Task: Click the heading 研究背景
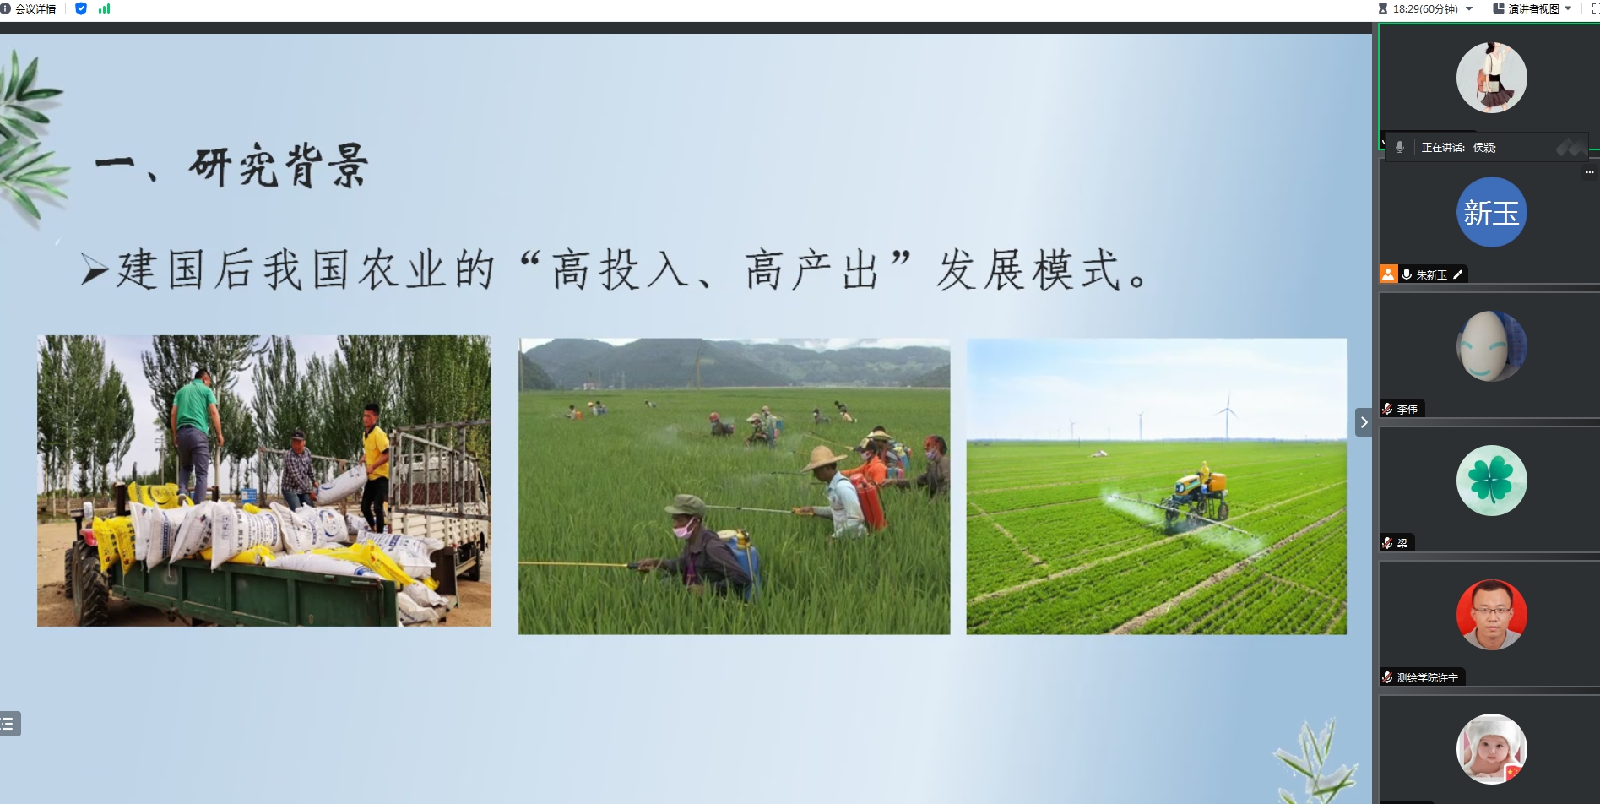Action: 279,165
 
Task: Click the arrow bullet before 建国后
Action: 95,270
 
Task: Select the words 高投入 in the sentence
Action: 620,270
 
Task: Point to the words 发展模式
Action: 1029,270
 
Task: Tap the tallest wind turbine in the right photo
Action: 1227,416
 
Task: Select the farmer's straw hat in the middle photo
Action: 824,459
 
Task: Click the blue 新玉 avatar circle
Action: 1491,212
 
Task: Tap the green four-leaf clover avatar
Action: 1491,481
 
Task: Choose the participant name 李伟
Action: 1407,410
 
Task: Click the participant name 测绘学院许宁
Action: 1427,677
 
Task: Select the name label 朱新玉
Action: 1431,274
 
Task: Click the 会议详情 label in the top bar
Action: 35,9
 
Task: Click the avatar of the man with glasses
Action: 1491,615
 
